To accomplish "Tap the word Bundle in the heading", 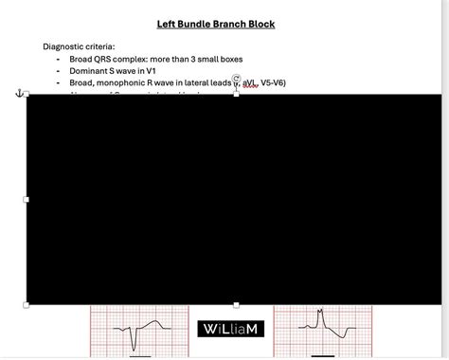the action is [202, 24].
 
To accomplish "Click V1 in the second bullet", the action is [167, 71].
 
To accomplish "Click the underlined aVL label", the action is [249, 84].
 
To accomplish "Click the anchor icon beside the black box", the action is [19, 92].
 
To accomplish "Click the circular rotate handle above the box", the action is [236, 80].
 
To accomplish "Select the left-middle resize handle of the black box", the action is [27, 199].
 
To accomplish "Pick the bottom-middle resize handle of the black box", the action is [236, 304].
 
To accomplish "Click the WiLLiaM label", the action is [231, 329].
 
